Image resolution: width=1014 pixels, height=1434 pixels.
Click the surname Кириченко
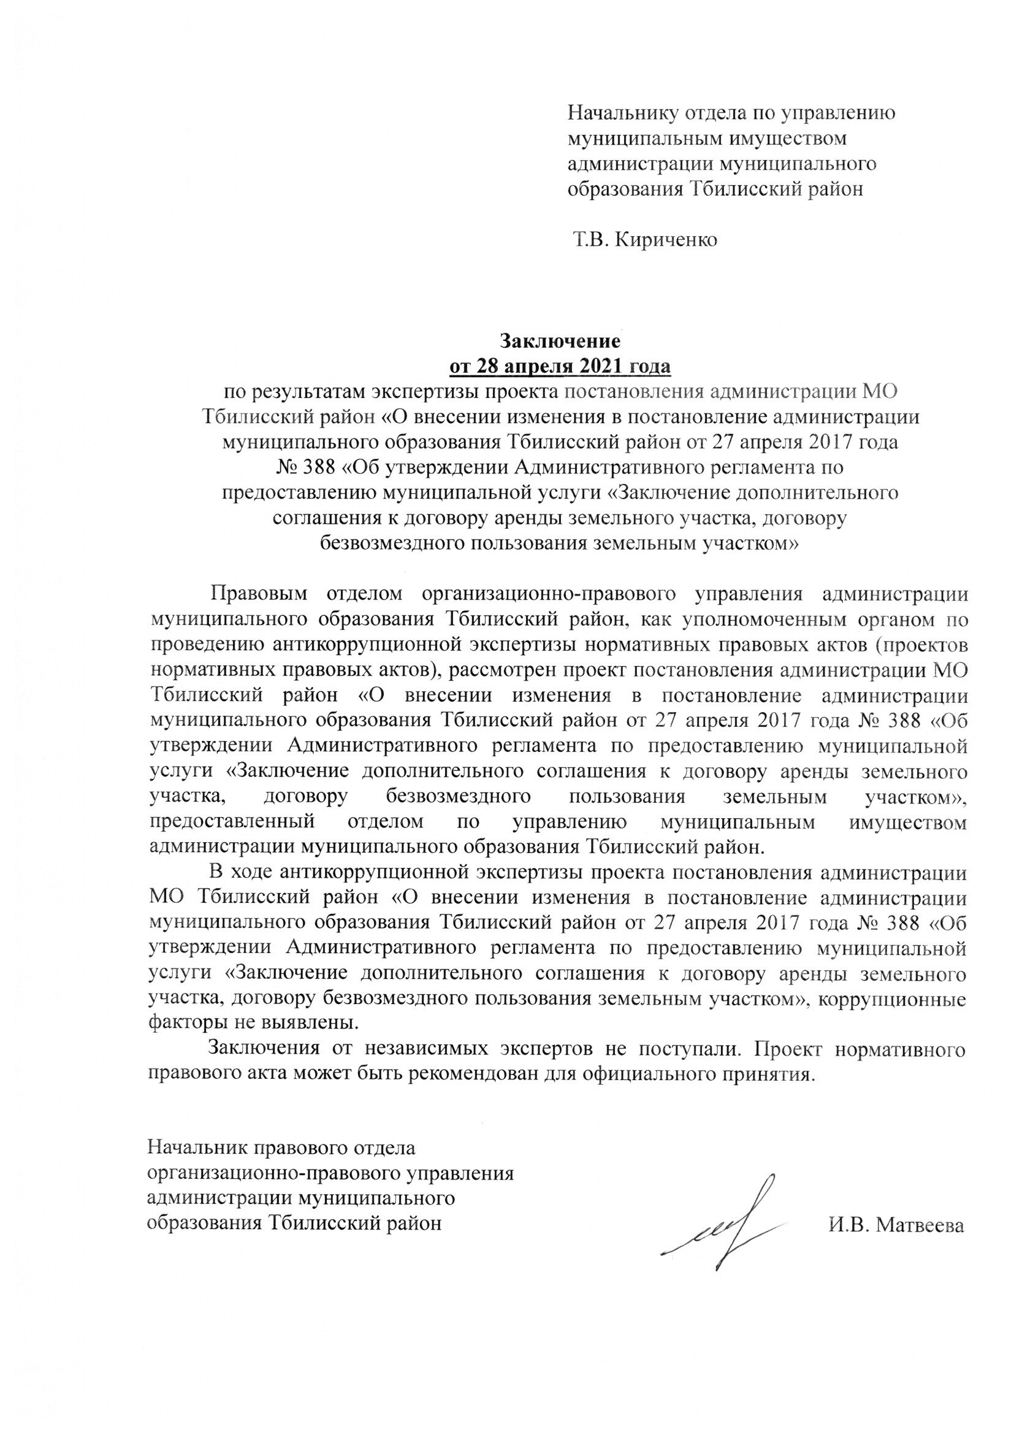[x=666, y=240]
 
